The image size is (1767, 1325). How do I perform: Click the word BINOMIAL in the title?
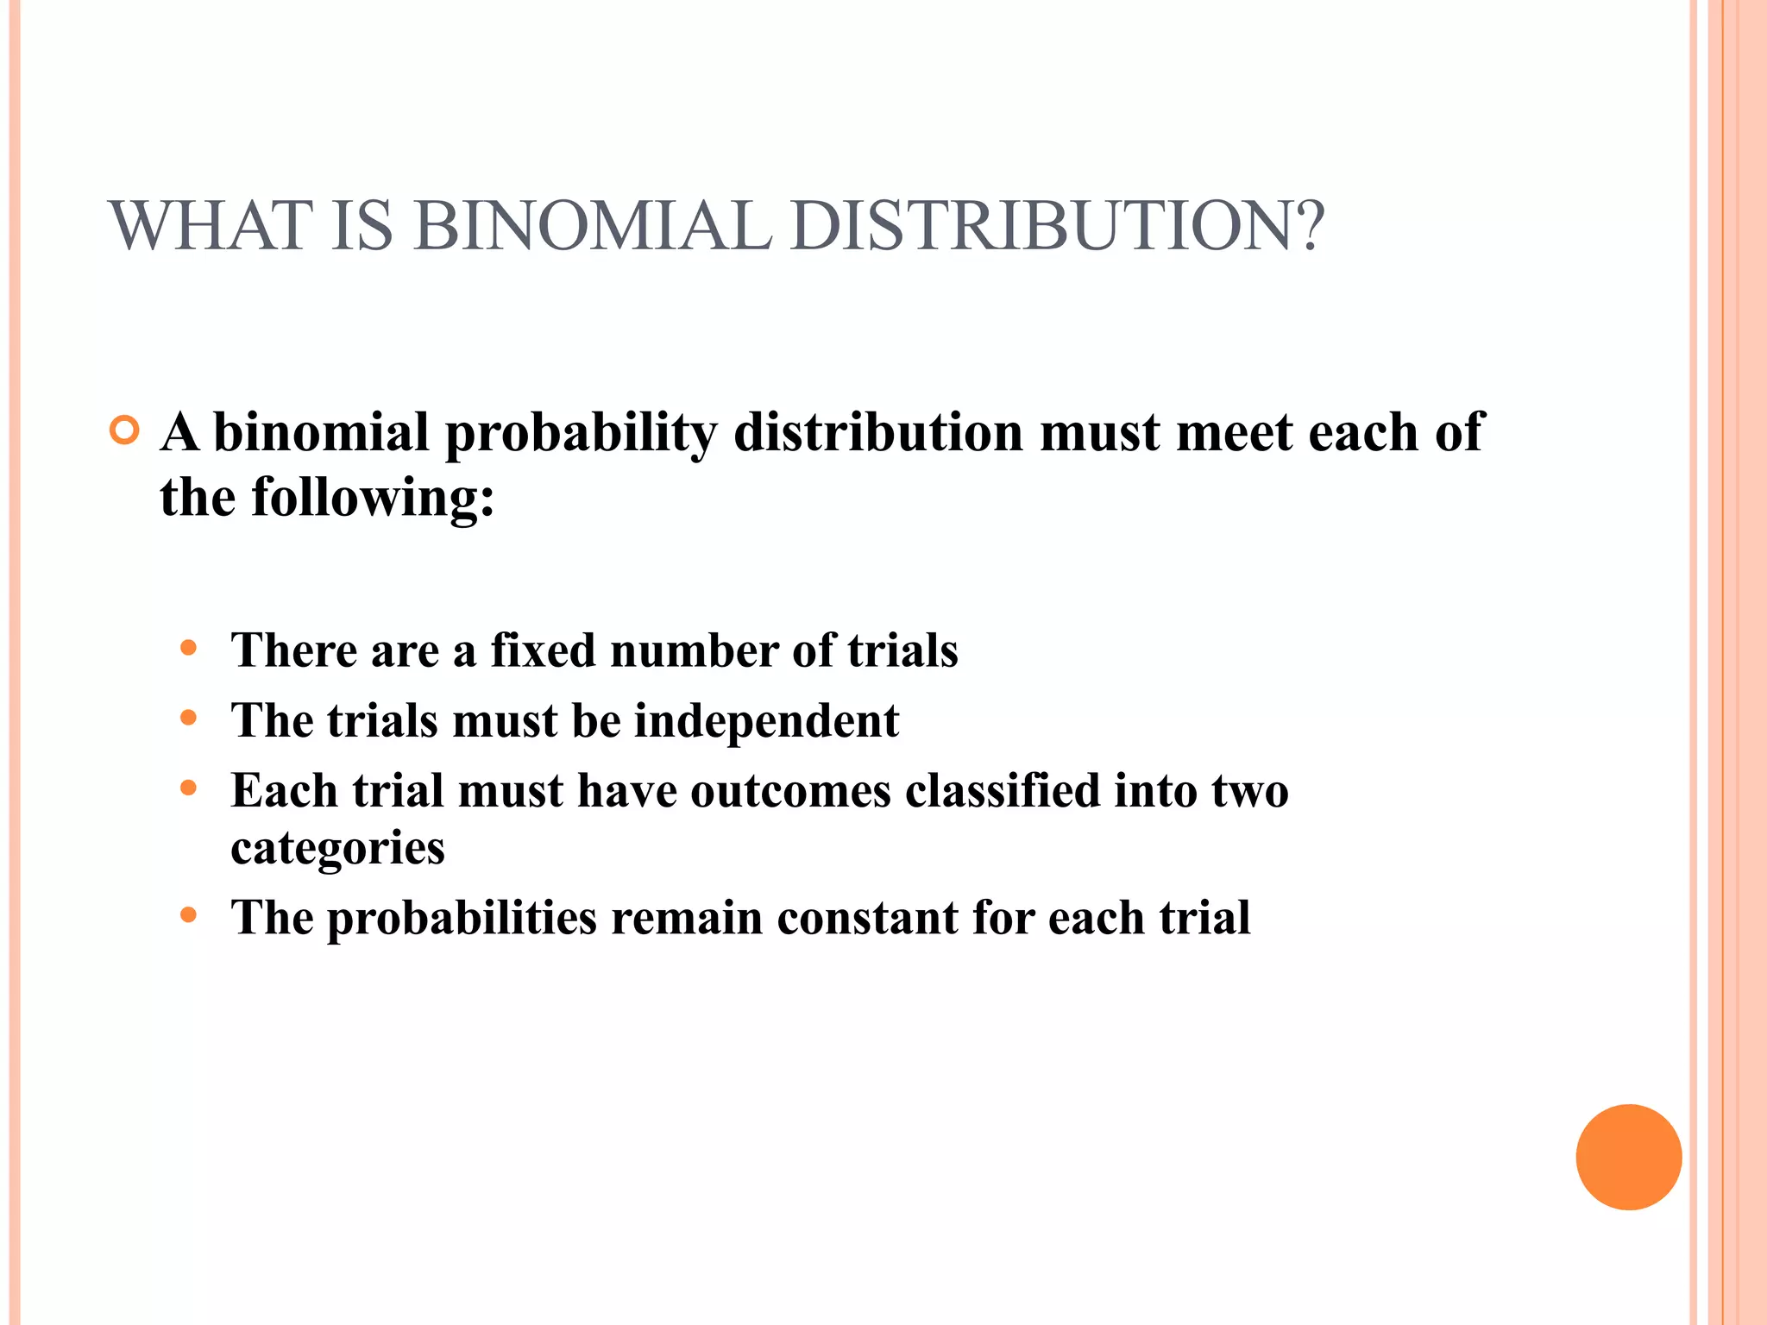(594, 226)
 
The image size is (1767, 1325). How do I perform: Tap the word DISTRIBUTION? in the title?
(1056, 226)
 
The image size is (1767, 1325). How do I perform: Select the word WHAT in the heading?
(211, 226)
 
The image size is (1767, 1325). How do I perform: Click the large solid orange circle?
(1628, 1157)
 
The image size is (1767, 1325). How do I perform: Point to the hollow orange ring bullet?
(125, 430)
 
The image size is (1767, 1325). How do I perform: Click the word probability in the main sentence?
(580, 434)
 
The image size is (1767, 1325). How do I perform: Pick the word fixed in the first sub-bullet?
(543, 650)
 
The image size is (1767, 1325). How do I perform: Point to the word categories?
(337, 850)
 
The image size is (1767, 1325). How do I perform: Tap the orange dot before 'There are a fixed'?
(189, 648)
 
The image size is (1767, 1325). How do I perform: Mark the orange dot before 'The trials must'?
(189, 718)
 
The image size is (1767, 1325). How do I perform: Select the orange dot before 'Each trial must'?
(189, 788)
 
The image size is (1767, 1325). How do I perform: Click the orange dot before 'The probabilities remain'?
(189, 914)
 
